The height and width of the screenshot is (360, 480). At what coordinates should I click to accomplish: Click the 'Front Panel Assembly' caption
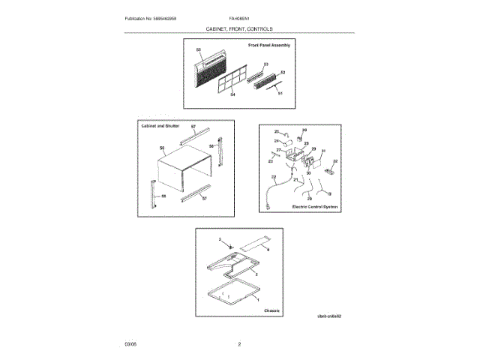(x=268, y=46)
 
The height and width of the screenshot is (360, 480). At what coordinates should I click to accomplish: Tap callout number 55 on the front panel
(x=199, y=50)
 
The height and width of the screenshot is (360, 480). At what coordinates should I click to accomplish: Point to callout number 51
(x=280, y=93)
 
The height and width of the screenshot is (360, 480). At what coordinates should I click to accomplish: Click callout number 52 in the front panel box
(x=283, y=73)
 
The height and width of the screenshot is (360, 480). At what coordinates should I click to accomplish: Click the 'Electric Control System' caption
(x=313, y=205)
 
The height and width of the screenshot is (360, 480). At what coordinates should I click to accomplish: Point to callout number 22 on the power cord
(x=274, y=178)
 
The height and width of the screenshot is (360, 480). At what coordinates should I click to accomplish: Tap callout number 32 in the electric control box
(x=335, y=161)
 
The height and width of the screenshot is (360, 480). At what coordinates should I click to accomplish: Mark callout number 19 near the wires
(x=328, y=193)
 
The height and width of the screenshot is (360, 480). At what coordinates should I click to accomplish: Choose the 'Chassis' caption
(x=272, y=309)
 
